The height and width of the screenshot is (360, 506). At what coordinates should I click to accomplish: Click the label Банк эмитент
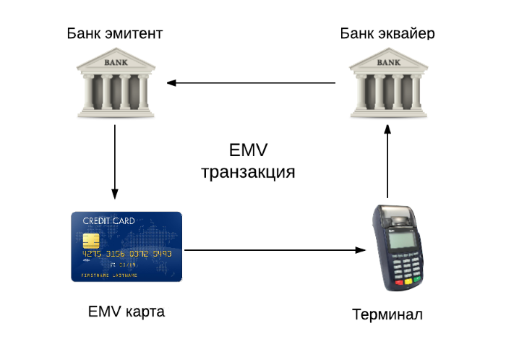[x=114, y=33]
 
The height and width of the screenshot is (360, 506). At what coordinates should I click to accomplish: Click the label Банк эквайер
[x=387, y=33]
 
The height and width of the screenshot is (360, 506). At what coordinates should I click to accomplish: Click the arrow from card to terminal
[x=275, y=250]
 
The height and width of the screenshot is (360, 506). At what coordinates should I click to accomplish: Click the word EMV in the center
[x=248, y=150]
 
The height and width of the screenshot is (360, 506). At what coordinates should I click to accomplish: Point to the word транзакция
[x=248, y=173]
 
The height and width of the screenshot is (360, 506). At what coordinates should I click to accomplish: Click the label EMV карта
[x=126, y=312]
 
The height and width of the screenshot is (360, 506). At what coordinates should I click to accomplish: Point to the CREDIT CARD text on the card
[x=107, y=220]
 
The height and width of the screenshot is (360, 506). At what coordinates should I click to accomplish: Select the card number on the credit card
[x=126, y=254]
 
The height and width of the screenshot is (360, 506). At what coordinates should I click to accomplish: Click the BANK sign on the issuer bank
[x=116, y=62]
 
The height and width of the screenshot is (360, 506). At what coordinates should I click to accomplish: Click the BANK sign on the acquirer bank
[x=387, y=62]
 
